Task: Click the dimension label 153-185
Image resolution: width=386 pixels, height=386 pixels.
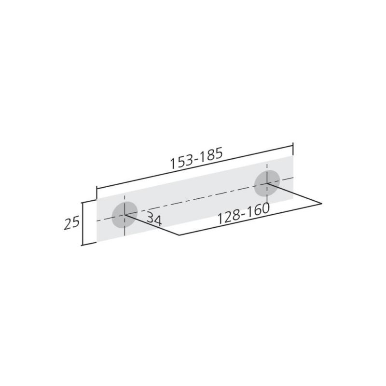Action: (196, 158)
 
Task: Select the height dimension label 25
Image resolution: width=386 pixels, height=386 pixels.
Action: (71, 222)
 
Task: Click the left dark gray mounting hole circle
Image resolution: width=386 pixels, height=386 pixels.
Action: (124, 215)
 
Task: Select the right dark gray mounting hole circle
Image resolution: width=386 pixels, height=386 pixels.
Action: (267, 183)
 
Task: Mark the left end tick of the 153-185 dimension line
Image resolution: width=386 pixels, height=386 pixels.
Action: (97, 192)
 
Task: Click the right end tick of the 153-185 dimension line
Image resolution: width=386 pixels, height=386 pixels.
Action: (293, 149)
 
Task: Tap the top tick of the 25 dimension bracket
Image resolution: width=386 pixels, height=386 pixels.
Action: (89, 201)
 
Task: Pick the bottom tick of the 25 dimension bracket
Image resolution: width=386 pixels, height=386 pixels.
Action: (89, 244)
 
